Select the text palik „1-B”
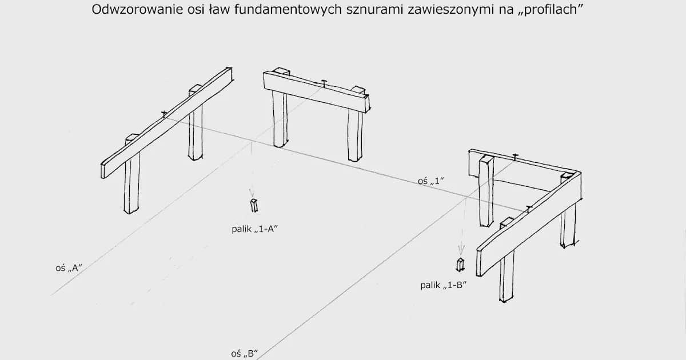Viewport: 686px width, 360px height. (x=444, y=284)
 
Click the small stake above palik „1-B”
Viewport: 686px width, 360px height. (x=460, y=265)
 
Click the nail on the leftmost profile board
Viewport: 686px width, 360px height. (x=164, y=114)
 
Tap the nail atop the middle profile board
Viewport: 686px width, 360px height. (x=324, y=82)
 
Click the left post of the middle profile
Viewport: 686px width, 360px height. (x=280, y=119)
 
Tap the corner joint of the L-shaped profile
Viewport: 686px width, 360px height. (x=575, y=174)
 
